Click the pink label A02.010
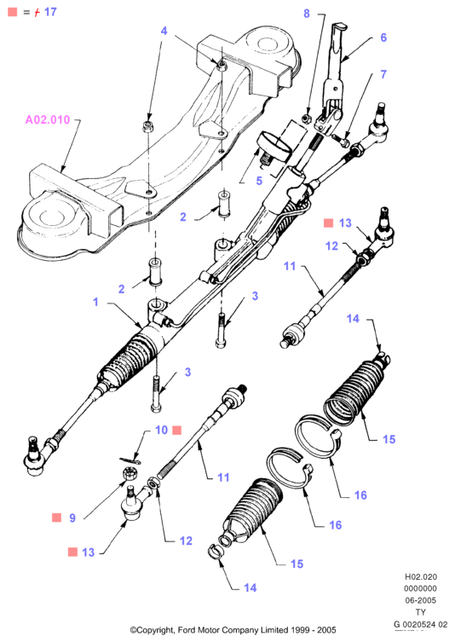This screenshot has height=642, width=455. pos(48,119)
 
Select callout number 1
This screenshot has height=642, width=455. pos(95,302)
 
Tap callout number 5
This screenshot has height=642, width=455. pos(259,181)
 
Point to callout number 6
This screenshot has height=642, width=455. pos(383,38)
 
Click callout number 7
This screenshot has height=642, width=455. pos(383,74)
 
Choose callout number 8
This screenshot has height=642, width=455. pos(307,14)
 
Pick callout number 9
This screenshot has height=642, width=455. pos(72,518)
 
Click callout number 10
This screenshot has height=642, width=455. pos(162,430)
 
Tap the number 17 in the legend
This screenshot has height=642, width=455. pos(50,12)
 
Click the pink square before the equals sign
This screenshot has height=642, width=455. pos(13,12)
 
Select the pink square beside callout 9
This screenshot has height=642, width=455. pos(56,518)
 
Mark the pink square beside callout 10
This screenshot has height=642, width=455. pos(176,430)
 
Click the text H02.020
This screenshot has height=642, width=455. pos(421,577)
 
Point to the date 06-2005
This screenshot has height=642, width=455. pos(421,600)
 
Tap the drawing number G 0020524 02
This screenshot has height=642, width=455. pos(421,624)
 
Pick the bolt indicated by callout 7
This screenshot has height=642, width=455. pos(341,140)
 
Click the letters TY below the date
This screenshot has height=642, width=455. pos(421,612)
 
